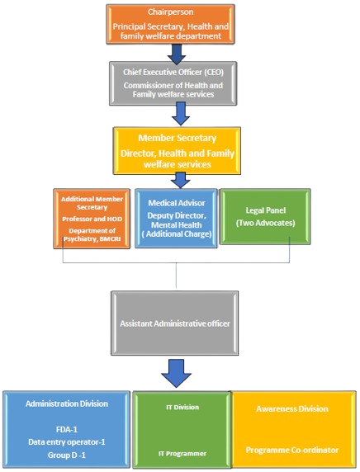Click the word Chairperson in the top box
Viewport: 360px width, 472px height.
[171, 12]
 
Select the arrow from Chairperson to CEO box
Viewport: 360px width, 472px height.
[177, 54]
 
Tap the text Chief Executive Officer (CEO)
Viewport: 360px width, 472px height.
[173, 73]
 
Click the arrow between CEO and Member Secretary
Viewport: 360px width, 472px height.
[181, 114]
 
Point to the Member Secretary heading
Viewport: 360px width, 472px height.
[178, 138]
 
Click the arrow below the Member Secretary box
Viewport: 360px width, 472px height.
[180, 181]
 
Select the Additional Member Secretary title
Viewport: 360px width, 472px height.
[92, 203]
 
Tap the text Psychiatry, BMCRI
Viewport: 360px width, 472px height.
[92, 239]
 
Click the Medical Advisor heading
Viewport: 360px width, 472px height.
[177, 203]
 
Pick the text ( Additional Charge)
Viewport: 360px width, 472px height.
[177, 234]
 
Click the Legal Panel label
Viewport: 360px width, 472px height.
[265, 210]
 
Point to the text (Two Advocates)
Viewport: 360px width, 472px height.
[265, 223]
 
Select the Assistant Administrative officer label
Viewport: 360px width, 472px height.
[175, 323]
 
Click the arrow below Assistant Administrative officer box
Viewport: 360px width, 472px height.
[176, 373]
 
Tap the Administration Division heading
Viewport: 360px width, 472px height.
[67, 404]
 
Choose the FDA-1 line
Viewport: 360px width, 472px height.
[67, 429]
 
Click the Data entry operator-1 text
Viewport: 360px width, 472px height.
[67, 442]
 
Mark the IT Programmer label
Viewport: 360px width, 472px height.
[182, 454]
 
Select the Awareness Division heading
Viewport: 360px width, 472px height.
[292, 408]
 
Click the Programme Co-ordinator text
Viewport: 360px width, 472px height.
[292, 451]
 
